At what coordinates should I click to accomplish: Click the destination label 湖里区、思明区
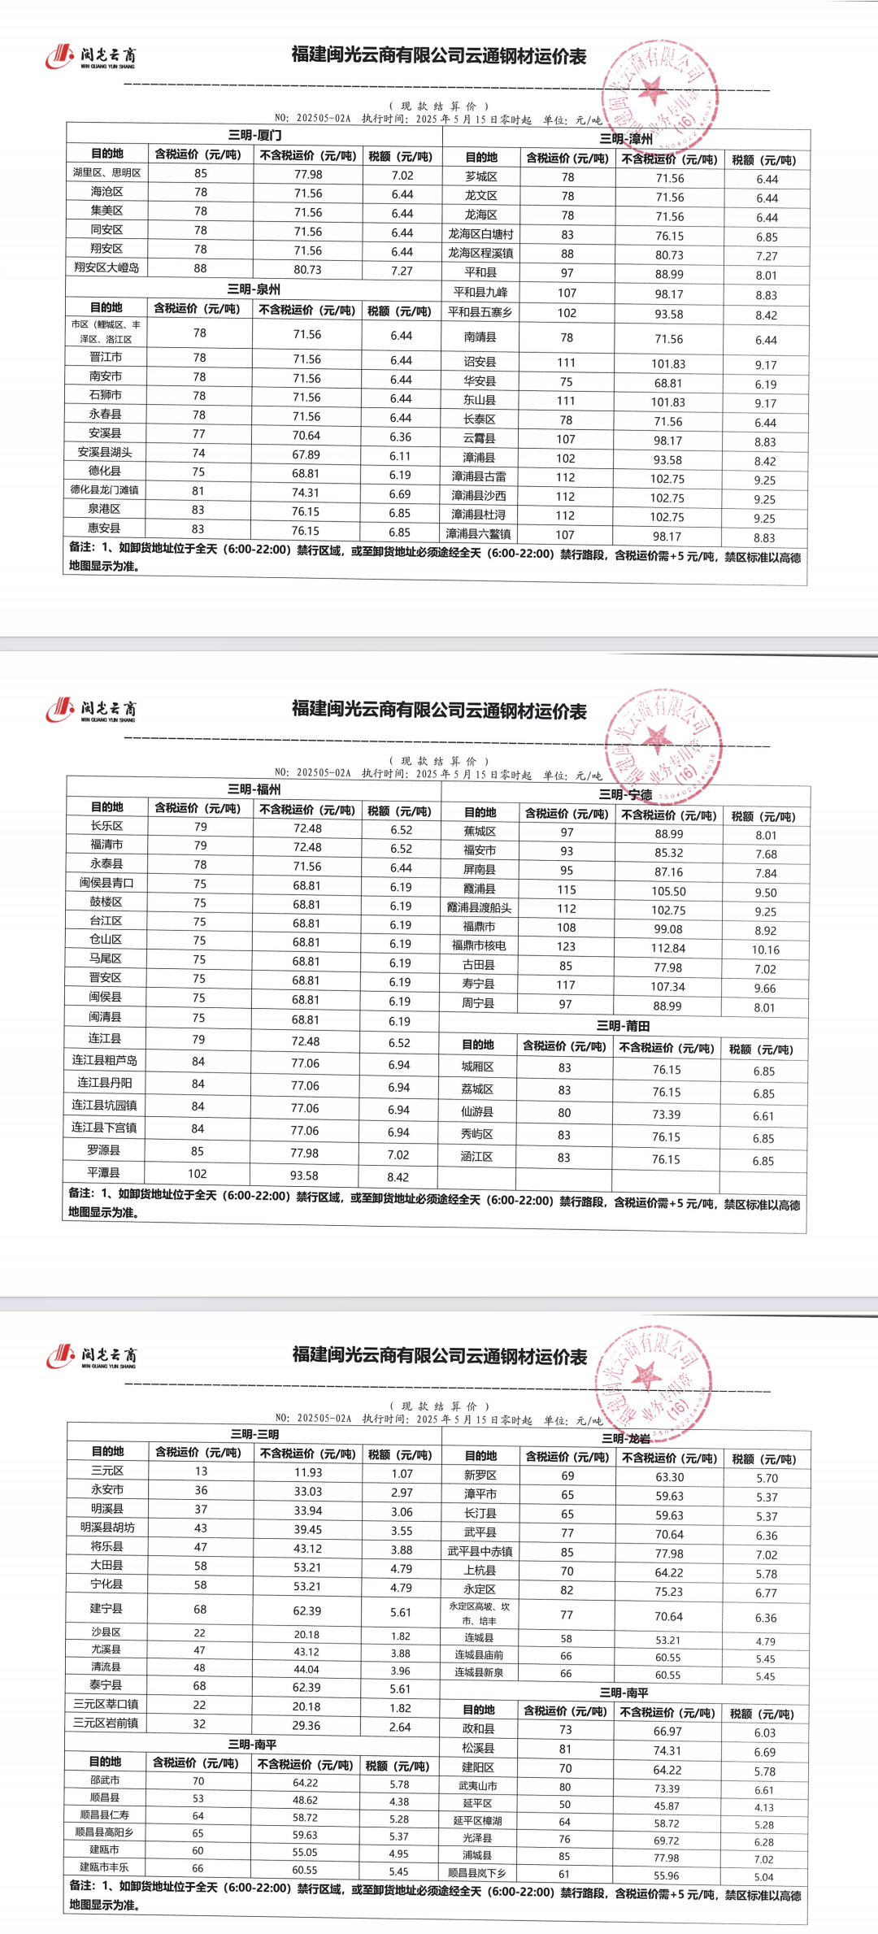tap(106, 173)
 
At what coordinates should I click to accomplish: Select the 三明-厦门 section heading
tap(254, 135)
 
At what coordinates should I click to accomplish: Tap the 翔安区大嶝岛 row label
tap(106, 267)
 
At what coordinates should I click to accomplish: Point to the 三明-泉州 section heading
tap(254, 289)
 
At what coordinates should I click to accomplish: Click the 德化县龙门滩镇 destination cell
tap(104, 490)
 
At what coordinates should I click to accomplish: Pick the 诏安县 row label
tap(480, 363)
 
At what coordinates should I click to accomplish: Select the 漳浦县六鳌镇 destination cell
tap(479, 534)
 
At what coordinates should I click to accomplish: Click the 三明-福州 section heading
tap(254, 789)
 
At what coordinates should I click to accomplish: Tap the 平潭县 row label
tap(104, 1172)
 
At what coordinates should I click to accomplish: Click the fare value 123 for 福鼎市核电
tap(566, 946)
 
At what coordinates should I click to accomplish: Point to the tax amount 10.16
tap(765, 950)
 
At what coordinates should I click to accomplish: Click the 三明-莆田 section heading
tap(623, 1026)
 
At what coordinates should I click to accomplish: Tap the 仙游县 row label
tap(477, 1111)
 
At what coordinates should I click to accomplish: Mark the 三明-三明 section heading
tap(254, 1435)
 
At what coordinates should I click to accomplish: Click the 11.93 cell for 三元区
tap(307, 1472)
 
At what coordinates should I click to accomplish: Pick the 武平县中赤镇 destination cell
tap(480, 1551)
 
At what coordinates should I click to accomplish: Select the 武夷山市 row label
tap(477, 1786)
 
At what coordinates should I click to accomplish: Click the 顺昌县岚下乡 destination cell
tap(477, 1873)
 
